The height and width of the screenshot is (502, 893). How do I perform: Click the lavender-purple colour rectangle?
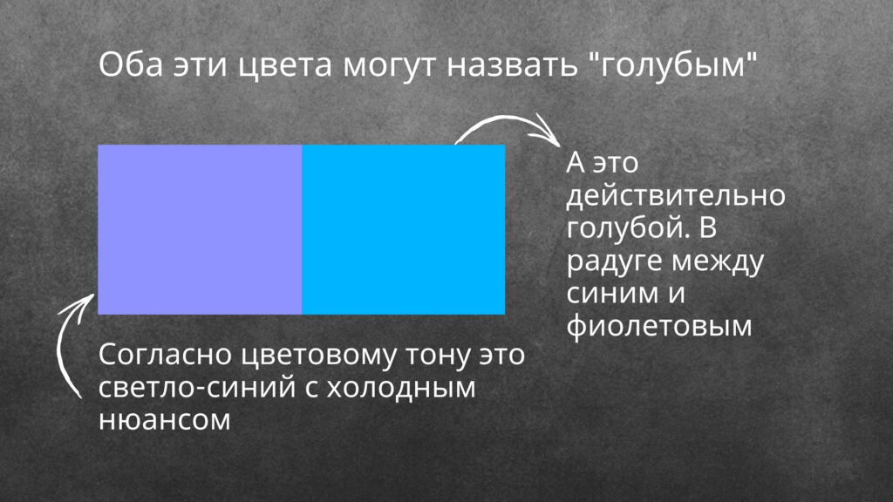click(200, 229)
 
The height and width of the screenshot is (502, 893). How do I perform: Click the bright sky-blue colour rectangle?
click(403, 229)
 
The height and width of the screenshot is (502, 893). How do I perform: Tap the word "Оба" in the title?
click(131, 64)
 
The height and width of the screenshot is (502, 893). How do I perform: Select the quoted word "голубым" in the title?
click(671, 65)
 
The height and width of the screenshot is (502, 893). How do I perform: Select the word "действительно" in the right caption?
click(676, 196)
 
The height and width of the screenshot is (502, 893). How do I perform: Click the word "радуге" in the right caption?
click(614, 261)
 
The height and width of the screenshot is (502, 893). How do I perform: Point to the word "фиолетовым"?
click(659, 327)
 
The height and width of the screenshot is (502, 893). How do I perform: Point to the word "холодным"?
click(401, 388)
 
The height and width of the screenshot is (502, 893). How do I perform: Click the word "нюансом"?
click(165, 421)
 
